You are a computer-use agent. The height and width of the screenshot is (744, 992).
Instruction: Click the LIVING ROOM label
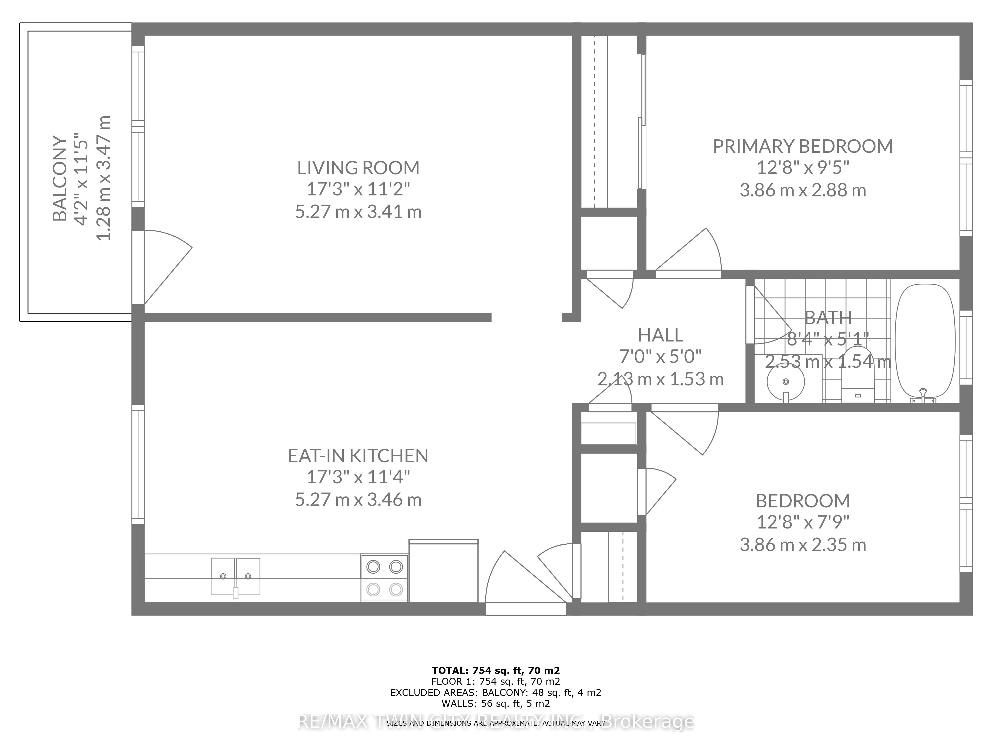[x=358, y=168]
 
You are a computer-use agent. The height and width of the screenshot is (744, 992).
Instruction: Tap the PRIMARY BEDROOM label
[x=803, y=147]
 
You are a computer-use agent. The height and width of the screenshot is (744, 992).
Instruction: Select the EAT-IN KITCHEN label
[x=358, y=456]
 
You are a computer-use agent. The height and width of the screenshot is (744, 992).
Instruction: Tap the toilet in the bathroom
[x=858, y=377]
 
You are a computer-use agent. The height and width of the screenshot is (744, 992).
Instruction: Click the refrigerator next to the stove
[x=443, y=572]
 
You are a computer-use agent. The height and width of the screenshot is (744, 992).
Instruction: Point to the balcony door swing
[x=164, y=265]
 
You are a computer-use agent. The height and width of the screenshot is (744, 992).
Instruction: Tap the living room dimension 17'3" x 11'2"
[x=358, y=189]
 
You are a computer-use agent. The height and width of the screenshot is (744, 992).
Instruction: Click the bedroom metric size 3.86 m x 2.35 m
[x=803, y=545]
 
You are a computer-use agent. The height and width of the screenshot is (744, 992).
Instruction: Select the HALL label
[x=661, y=335]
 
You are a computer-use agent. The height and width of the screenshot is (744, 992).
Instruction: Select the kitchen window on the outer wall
[x=138, y=464]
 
